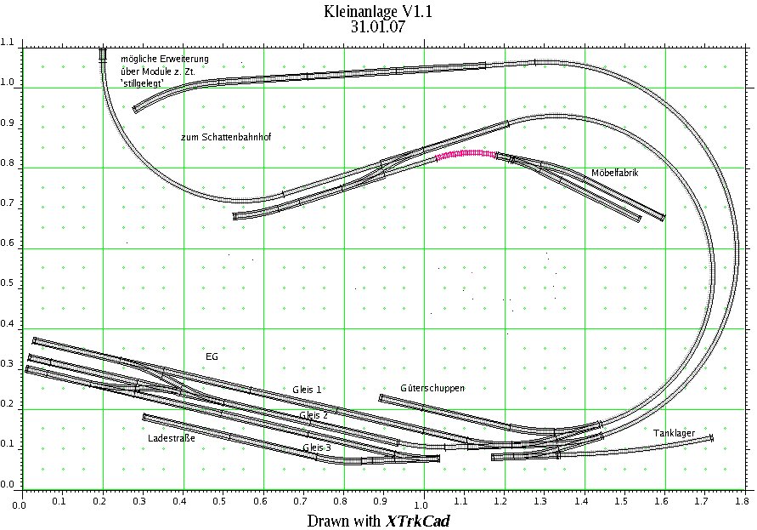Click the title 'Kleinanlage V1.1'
pyautogui.click(x=378, y=12)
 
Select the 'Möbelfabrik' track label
pyautogui.click(x=614, y=173)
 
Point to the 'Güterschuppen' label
pyautogui.click(x=432, y=388)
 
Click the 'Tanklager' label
pyautogui.click(x=674, y=433)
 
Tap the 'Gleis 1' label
pyautogui.click(x=307, y=389)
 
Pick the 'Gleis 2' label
pyautogui.click(x=314, y=414)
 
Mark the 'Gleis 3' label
pyautogui.click(x=317, y=447)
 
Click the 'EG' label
pyautogui.click(x=212, y=356)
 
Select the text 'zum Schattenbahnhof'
pyautogui.click(x=225, y=137)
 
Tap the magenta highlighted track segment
pyautogui.click(x=466, y=154)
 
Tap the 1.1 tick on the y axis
pyautogui.click(x=8, y=43)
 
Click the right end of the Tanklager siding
pyautogui.click(x=710, y=437)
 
